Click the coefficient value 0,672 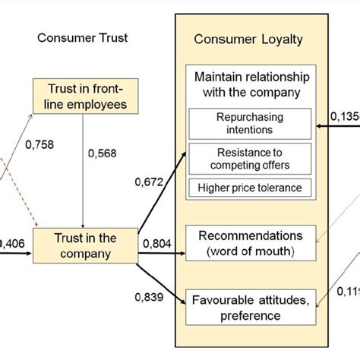point(150,182)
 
